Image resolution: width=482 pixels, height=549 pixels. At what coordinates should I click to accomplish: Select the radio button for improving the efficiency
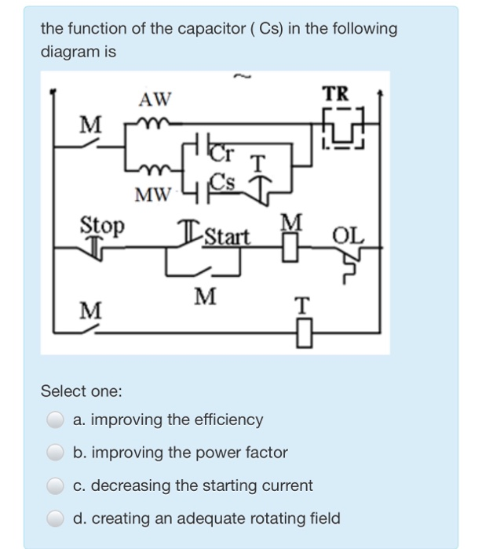[x=56, y=420]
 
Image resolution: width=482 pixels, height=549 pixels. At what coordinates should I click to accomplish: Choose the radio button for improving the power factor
[x=56, y=453]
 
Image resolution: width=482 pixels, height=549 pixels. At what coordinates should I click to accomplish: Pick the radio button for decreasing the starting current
[x=56, y=486]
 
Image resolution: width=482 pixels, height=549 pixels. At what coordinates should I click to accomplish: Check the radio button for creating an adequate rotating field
[x=56, y=519]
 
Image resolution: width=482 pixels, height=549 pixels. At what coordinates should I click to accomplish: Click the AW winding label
[x=155, y=99]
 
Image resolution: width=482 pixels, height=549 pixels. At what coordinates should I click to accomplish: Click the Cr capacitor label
[x=221, y=153]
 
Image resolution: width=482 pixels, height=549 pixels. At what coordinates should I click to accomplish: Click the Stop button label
[x=102, y=225]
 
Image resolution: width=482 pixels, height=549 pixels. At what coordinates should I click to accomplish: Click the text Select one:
[x=81, y=391]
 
